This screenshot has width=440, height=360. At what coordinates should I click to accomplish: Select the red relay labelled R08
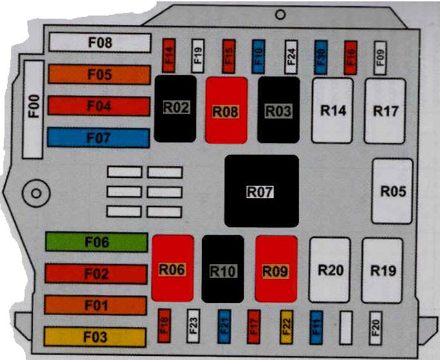click(226, 109)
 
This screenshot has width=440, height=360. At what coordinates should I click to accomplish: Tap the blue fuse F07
click(98, 137)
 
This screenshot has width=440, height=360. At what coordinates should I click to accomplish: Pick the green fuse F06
click(96, 242)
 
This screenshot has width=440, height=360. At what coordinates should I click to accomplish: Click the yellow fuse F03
click(96, 337)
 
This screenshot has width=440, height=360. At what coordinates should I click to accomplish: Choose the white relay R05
click(392, 192)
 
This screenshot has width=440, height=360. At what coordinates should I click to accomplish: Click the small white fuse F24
click(291, 58)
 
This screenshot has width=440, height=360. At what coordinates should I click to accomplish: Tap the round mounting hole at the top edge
click(280, 14)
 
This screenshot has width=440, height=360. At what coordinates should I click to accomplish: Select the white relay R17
click(384, 111)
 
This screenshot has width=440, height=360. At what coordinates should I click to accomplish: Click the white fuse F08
click(99, 43)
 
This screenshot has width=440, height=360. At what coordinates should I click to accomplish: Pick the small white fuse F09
click(380, 58)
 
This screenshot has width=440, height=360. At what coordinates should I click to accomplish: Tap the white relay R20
click(329, 269)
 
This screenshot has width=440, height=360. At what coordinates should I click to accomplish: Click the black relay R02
click(175, 108)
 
